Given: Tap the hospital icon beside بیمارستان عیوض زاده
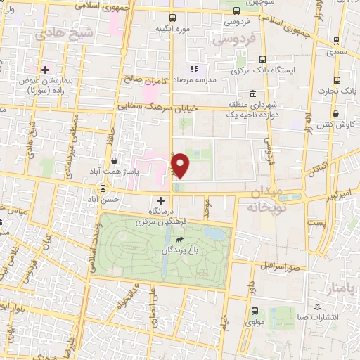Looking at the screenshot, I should coord(46,70).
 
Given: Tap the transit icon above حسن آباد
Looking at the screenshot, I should coord(103,188).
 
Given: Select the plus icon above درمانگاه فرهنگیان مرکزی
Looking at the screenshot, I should coord(161,200).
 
